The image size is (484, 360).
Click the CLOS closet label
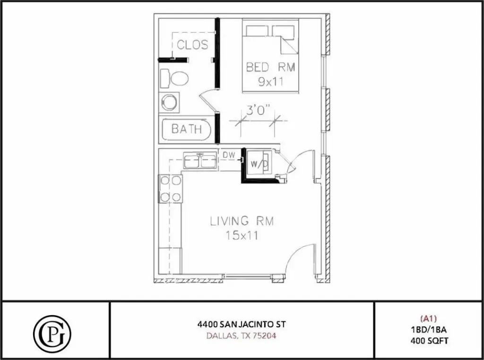click(x=192, y=45)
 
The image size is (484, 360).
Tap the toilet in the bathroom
click(x=175, y=78)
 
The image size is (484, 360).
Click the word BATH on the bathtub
click(x=187, y=129)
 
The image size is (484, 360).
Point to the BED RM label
click(x=270, y=68)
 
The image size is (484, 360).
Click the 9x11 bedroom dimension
click(x=270, y=81)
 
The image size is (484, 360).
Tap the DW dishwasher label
click(x=229, y=155)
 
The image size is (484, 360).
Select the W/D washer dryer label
click(x=259, y=164)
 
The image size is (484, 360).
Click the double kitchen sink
click(x=200, y=161)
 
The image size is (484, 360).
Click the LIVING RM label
click(x=242, y=221)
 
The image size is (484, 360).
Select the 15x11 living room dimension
click(x=241, y=235)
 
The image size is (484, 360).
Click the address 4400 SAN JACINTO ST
click(x=242, y=325)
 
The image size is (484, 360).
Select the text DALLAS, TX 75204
click(x=242, y=336)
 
